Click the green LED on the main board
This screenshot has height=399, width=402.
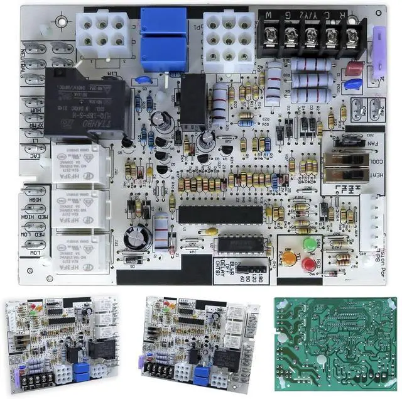click(x=309, y=243)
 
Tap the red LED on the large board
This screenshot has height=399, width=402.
click(x=308, y=264)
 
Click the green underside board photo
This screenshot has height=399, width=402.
click(x=336, y=345)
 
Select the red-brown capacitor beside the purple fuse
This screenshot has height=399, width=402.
click(x=354, y=68)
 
